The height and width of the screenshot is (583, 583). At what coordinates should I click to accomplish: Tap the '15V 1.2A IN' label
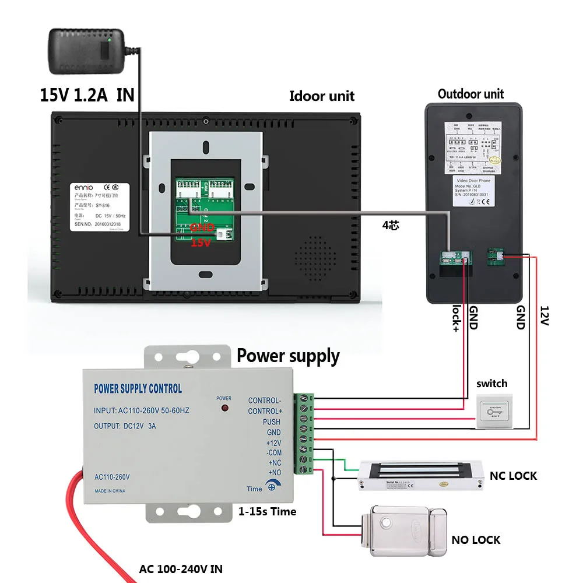(87, 94)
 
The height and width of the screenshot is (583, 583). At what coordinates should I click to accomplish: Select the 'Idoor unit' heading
(322, 96)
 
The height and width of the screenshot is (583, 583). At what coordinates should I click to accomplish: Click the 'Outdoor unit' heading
(470, 94)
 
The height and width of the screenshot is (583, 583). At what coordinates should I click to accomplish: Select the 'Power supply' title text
(288, 356)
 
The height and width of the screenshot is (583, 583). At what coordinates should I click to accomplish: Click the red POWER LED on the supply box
(223, 410)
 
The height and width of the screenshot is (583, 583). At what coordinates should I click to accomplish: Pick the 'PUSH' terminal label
(271, 422)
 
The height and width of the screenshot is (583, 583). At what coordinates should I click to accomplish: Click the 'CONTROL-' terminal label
(264, 401)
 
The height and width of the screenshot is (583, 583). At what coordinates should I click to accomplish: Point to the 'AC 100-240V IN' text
(180, 569)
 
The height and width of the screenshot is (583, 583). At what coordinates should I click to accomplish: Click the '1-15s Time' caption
(267, 511)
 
